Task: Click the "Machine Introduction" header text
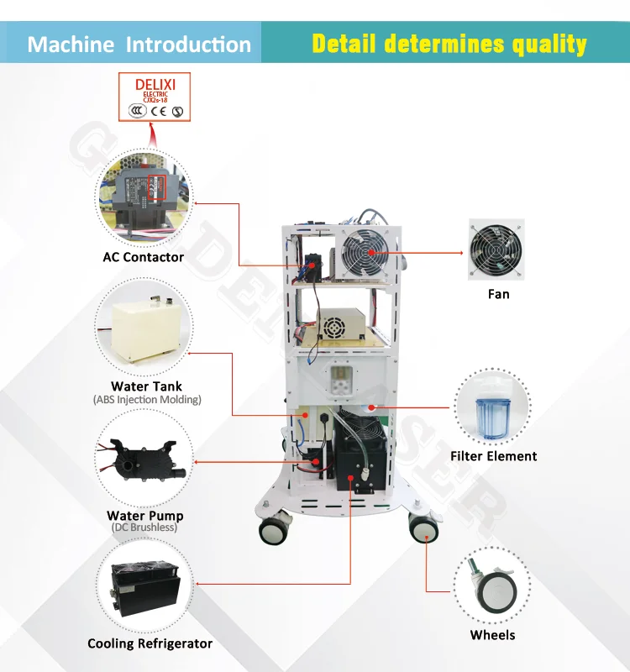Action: [x=139, y=45]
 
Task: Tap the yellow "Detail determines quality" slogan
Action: [x=449, y=44]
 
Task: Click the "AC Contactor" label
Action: [x=143, y=257]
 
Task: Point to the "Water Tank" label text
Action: [x=146, y=386]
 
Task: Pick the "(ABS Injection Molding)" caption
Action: [x=147, y=400]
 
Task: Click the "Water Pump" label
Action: [x=144, y=515]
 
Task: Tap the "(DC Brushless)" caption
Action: [x=144, y=528]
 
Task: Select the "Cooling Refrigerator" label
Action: [x=150, y=643]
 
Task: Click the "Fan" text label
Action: [x=498, y=294]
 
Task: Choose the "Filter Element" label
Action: [x=493, y=456]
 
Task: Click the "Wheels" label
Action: [x=492, y=635]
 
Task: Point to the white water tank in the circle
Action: [x=146, y=324]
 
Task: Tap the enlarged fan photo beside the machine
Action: [x=496, y=250]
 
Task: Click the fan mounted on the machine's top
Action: [x=365, y=250]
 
